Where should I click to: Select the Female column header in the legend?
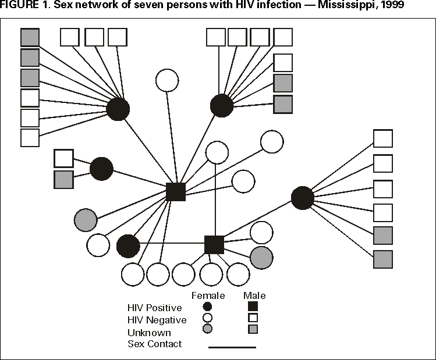(208, 295)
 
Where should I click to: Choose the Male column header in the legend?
(254, 295)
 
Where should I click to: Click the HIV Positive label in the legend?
(154, 307)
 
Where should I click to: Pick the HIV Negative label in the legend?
(157, 320)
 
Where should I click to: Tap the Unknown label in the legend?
(149, 333)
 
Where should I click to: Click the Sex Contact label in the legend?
(155, 344)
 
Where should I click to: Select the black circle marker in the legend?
(207, 306)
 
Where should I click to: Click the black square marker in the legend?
(253, 306)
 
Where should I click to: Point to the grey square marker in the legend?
(253, 329)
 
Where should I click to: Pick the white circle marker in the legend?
(207, 318)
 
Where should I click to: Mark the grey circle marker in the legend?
(207, 329)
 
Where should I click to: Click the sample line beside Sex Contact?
(232, 347)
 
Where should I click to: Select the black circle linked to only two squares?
(101, 169)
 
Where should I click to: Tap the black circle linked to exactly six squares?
(302, 198)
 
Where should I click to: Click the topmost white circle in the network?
(167, 80)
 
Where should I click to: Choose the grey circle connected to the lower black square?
(261, 258)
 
